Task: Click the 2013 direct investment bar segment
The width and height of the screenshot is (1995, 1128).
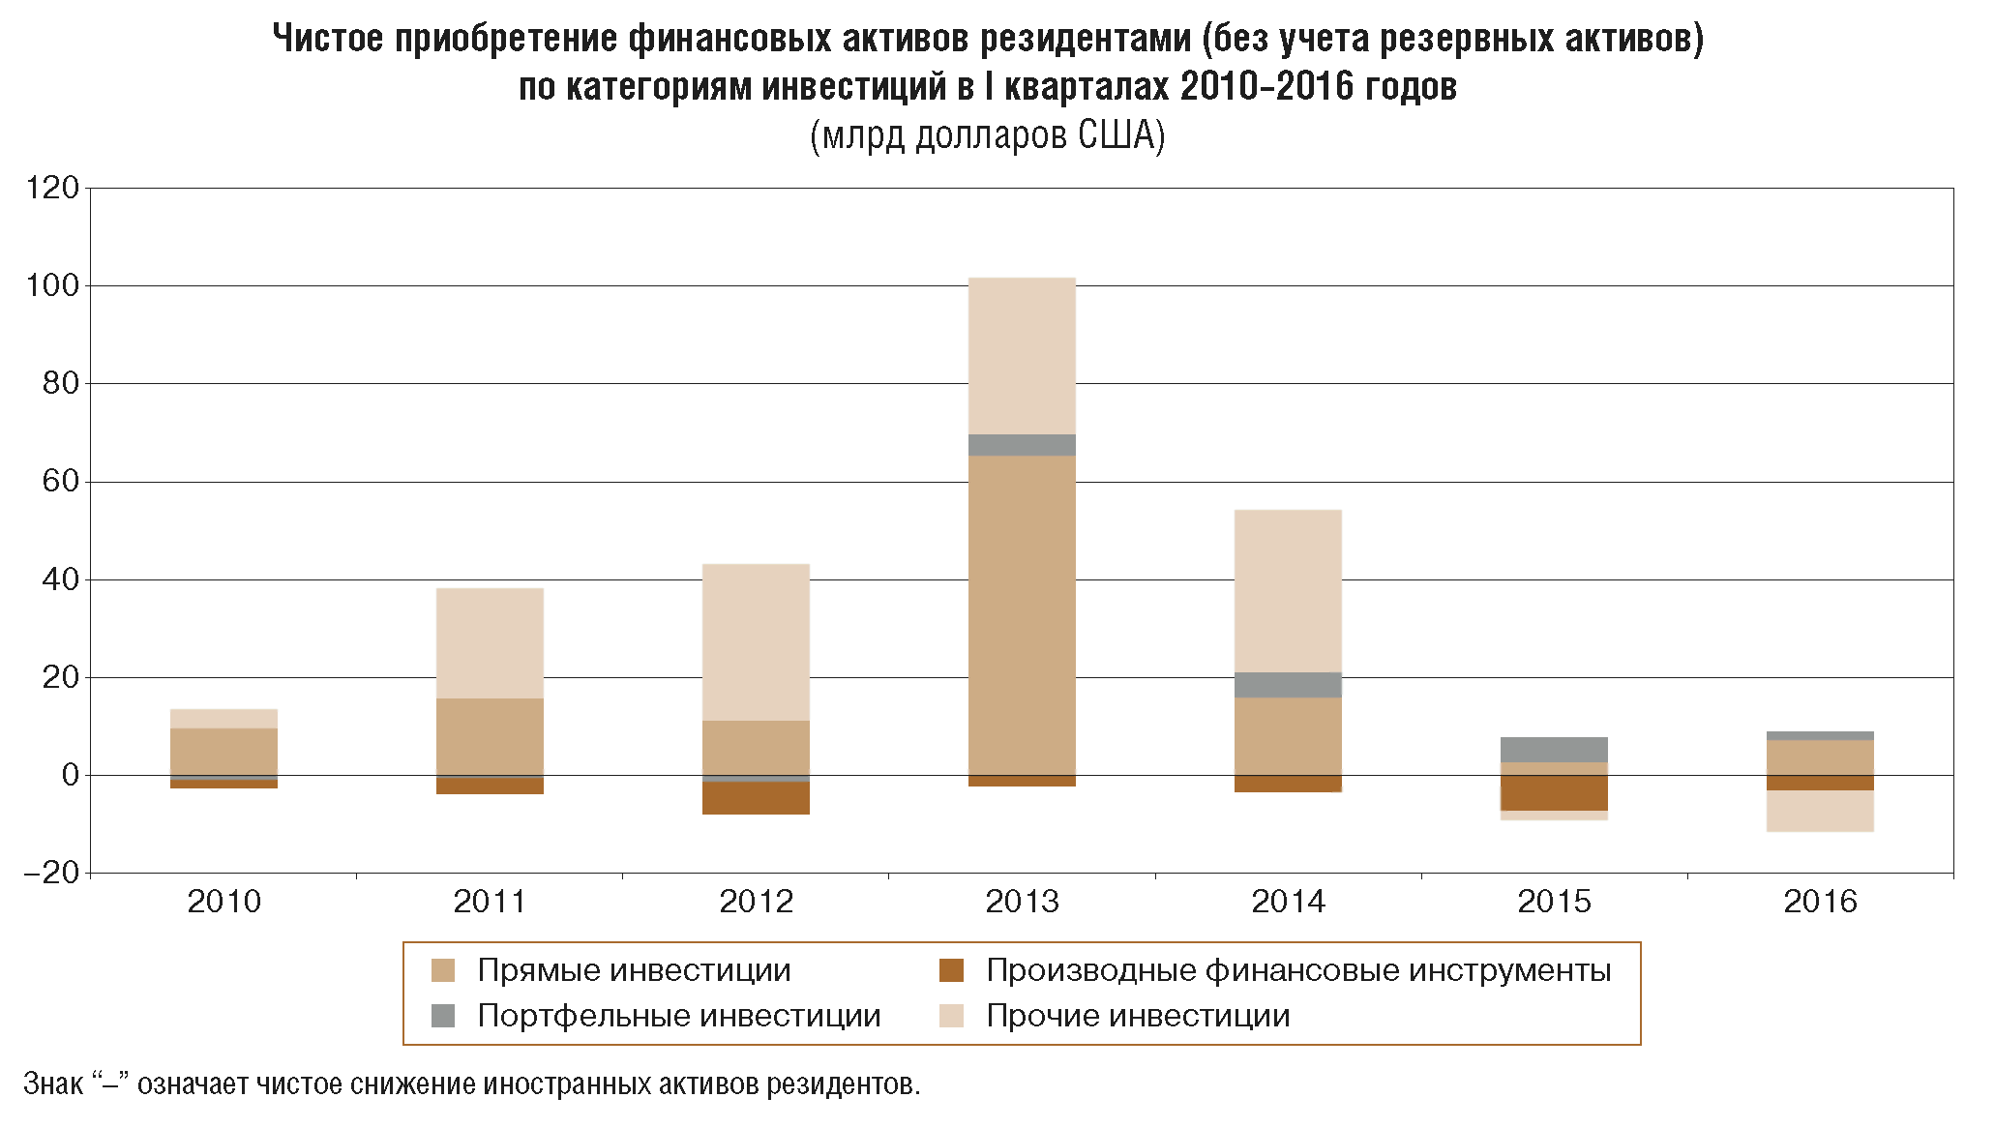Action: coord(1022,614)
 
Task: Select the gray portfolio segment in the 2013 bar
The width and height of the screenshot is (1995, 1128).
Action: coord(1022,445)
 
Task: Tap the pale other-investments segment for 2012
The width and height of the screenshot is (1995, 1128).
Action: coord(756,641)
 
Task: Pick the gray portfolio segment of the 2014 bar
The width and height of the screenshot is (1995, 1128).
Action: coord(1288,685)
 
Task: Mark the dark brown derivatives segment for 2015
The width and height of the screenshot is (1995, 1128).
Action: coord(1554,792)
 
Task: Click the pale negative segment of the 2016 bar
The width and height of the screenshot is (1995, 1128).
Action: coord(1820,811)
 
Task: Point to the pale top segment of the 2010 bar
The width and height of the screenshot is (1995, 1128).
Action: coord(223,719)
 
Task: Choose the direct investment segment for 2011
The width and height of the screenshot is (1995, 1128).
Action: coord(490,736)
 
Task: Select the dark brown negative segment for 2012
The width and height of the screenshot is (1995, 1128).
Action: coord(756,798)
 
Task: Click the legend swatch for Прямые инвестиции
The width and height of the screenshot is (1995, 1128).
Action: coord(443,970)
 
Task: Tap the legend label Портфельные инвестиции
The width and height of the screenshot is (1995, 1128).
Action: coord(678,1016)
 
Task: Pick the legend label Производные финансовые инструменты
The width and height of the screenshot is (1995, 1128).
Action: coord(1298,970)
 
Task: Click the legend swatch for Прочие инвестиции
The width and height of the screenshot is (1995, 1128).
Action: coord(952,1016)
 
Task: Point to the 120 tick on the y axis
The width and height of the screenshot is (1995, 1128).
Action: coord(53,188)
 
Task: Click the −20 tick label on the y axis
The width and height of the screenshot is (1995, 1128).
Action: coord(50,873)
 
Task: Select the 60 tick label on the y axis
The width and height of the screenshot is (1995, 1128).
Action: coord(60,481)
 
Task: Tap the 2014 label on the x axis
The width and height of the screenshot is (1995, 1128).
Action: coord(1288,902)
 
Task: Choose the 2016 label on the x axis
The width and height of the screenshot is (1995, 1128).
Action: coord(1820,902)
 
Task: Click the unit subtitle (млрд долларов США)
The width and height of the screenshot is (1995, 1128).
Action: coord(987,135)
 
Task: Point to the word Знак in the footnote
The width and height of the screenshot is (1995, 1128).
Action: coord(53,1083)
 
